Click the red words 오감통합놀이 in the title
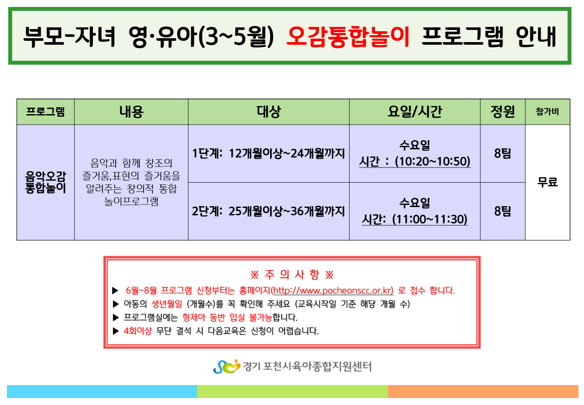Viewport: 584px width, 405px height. coord(348,36)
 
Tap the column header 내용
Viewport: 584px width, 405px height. coord(131,112)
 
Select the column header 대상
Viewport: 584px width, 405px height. coord(268,112)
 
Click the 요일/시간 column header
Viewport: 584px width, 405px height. coord(415,112)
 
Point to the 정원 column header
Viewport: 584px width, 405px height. coord(502,112)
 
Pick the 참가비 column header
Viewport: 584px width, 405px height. coord(547,112)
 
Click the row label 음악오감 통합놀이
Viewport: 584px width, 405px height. coord(46,182)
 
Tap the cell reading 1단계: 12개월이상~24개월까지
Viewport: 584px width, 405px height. coord(268,154)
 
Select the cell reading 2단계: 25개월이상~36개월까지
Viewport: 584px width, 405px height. coord(268,211)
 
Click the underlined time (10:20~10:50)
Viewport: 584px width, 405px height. coord(432,161)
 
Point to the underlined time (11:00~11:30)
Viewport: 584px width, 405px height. coord(430,220)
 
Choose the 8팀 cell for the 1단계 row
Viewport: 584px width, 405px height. coord(502,154)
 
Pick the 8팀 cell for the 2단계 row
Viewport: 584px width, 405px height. coord(502,211)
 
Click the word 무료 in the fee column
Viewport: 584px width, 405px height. coord(547,182)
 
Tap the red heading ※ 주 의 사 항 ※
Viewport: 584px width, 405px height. coord(292,275)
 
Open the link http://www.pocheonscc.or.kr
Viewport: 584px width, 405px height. coord(333,290)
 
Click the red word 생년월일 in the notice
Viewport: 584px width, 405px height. coord(167,304)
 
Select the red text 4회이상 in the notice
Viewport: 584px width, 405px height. coord(138,331)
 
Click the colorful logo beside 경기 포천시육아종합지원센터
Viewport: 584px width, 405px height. coord(226,366)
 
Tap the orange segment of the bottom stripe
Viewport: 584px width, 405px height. coord(483,392)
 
